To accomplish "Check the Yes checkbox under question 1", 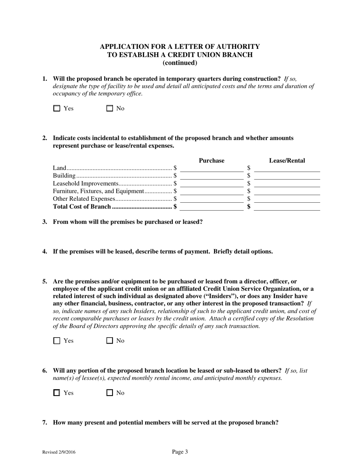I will click(57, 108).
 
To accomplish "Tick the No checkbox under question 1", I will click(110, 108).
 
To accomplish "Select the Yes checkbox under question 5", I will click(57, 341).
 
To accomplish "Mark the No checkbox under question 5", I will click(110, 341).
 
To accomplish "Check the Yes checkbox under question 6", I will click(57, 393).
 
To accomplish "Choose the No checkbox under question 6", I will click(110, 393).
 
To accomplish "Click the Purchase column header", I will click(211, 161).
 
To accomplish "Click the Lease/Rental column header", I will click(287, 161).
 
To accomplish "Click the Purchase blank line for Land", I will click(211, 169).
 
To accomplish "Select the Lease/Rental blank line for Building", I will click(287, 176).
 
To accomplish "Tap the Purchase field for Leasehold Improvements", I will click(211, 184).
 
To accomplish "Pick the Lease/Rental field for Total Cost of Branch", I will click(287, 207).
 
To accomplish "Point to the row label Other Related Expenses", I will click(84, 199).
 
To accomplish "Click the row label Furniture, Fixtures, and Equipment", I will click(98, 191).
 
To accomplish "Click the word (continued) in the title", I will click(180, 63).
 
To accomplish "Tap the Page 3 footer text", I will click(180, 452).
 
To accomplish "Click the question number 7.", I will click(45, 422).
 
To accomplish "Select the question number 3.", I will click(45, 222).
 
